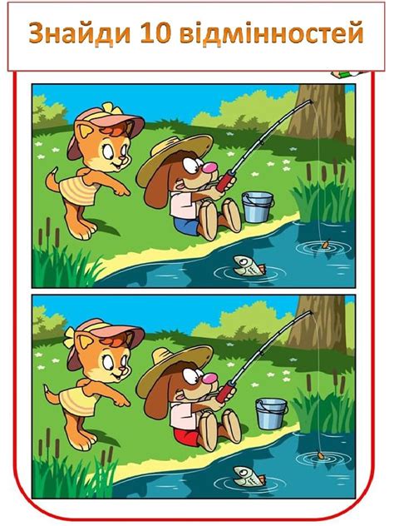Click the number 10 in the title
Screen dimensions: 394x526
[x=155, y=33]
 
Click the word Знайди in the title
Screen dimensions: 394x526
[x=80, y=33]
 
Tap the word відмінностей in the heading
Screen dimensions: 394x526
[x=272, y=33]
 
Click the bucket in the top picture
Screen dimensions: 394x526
[x=258, y=207]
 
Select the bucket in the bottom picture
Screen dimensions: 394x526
[x=271, y=414]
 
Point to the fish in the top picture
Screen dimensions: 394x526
[x=249, y=265]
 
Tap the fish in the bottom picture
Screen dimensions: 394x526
[x=249, y=476]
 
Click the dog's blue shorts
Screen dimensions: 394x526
[x=186, y=226]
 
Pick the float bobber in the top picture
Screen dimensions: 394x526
[x=325, y=244]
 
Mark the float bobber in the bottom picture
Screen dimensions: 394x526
[x=320, y=455]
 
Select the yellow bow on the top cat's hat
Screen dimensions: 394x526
[x=110, y=109]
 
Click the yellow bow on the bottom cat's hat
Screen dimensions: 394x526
[x=69, y=337]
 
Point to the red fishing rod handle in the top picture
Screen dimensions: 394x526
[x=226, y=181]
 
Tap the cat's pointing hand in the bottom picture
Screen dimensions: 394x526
[x=121, y=401]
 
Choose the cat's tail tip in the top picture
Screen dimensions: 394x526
[x=53, y=171]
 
